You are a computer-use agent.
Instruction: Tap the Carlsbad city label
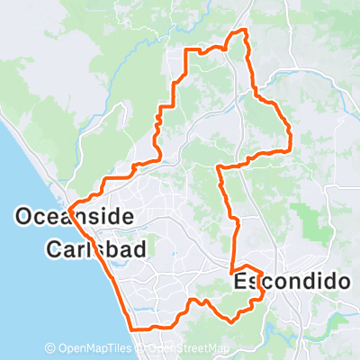click(x=94, y=247)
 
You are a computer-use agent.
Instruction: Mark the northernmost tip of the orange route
click(x=241, y=31)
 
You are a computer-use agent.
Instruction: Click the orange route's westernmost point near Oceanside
click(x=68, y=205)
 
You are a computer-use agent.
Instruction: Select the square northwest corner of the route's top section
click(x=187, y=52)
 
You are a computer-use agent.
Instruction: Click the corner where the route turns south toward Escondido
click(x=220, y=166)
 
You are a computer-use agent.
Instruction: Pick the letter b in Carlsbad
click(x=112, y=247)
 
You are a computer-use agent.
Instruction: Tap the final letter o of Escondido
click(x=341, y=282)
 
